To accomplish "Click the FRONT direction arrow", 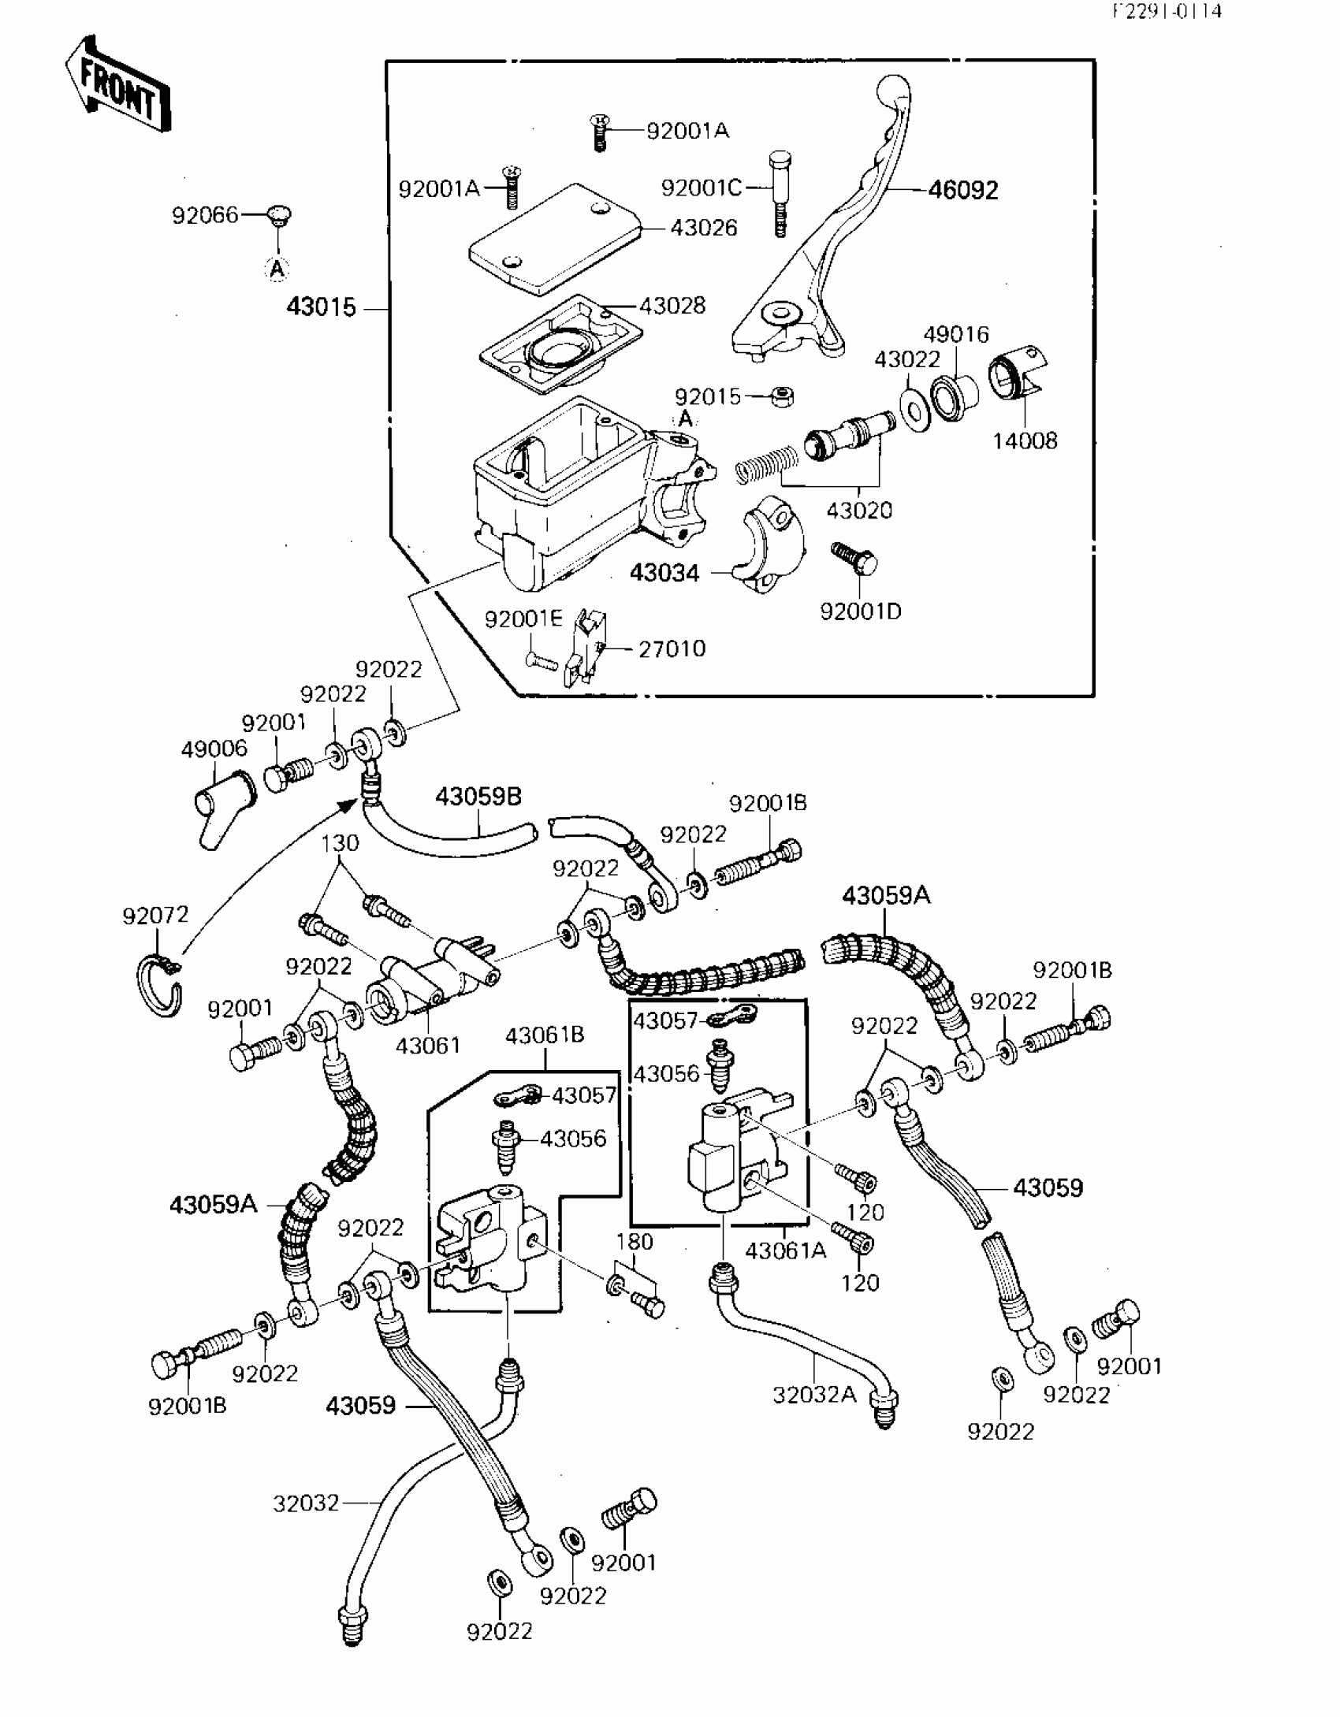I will coord(118,86).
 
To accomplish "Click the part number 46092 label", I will coord(962,190).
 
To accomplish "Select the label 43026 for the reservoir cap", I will coord(704,228).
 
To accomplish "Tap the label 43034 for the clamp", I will coord(664,573).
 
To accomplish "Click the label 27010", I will coord(672,649).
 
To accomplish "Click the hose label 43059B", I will coord(478,797).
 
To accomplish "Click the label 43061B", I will coord(545,1035).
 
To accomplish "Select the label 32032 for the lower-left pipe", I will coord(306,1503).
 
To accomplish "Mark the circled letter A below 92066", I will coord(277,269).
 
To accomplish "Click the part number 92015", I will coord(708,396).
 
